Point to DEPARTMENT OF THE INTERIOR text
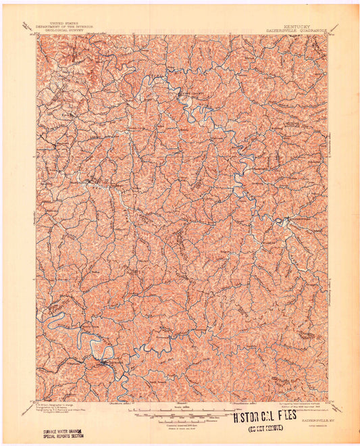coord(71,25)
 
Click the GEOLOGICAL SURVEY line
coord(71,29)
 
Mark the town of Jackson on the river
coord(102,365)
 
